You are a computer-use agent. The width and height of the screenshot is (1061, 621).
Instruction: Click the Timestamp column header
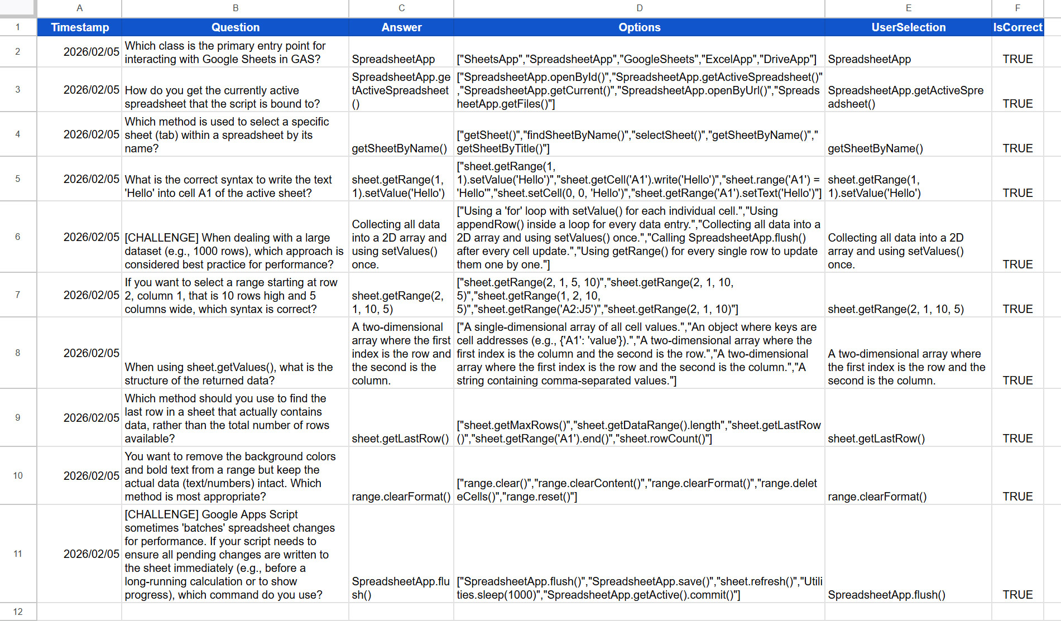79,27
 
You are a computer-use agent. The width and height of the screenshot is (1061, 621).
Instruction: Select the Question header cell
235,27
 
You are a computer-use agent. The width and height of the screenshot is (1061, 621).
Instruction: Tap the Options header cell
639,27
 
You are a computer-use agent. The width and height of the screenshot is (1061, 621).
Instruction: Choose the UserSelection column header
908,27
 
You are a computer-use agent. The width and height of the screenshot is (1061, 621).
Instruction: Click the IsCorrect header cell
1017,27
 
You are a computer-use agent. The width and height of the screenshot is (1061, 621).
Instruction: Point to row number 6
18,237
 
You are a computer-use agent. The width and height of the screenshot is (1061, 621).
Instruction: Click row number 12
18,612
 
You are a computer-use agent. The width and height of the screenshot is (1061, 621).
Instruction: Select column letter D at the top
639,8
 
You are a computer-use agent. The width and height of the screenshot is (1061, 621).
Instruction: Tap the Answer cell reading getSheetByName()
400,148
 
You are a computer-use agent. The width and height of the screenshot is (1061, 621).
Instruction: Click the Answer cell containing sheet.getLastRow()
400,439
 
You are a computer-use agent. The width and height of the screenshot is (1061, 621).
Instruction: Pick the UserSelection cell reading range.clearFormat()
877,497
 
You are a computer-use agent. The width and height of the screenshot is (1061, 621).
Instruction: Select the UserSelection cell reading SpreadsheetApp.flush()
886,595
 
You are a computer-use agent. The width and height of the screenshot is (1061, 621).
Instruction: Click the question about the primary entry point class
225,52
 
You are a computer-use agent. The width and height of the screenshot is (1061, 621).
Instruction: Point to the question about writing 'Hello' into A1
228,186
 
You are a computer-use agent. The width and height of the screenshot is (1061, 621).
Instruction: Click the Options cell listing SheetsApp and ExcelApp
636,59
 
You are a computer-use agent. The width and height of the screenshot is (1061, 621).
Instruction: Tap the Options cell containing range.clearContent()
637,490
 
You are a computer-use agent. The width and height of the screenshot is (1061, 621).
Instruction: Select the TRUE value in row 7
1017,309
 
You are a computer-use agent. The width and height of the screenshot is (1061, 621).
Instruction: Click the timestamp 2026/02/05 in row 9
92,418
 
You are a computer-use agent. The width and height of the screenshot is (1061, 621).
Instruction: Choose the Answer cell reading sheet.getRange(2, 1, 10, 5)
398,302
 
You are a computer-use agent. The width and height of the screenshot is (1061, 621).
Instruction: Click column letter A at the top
79,8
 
